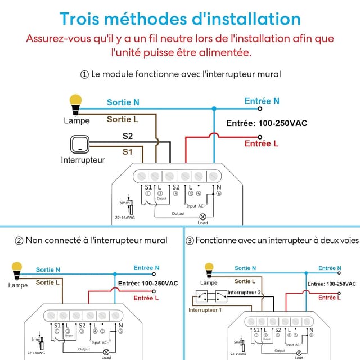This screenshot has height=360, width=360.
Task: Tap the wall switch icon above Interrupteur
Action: click(x=80, y=145)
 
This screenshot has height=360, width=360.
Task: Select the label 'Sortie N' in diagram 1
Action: click(x=123, y=102)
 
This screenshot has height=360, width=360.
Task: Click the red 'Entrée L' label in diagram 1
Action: click(x=262, y=143)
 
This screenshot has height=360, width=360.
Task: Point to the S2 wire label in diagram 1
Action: click(x=128, y=136)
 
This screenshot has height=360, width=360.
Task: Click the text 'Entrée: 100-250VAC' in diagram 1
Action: click(x=267, y=123)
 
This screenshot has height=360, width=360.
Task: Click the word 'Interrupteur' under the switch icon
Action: click(x=83, y=160)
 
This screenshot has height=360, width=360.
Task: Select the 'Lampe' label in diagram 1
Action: click(x=76, y=120)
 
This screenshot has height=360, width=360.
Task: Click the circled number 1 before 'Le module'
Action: click(x=85, y=74)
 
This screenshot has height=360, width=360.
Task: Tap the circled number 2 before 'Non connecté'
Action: click(x=19, y=240)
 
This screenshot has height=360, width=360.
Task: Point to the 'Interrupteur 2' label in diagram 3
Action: click(x=245, y=292)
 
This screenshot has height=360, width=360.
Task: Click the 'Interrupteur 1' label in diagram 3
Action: click(x=205, y=310)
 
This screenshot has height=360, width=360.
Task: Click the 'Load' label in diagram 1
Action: click(x=204, y=223)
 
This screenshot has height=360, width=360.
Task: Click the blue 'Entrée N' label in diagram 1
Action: click(x=262, y=101)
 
